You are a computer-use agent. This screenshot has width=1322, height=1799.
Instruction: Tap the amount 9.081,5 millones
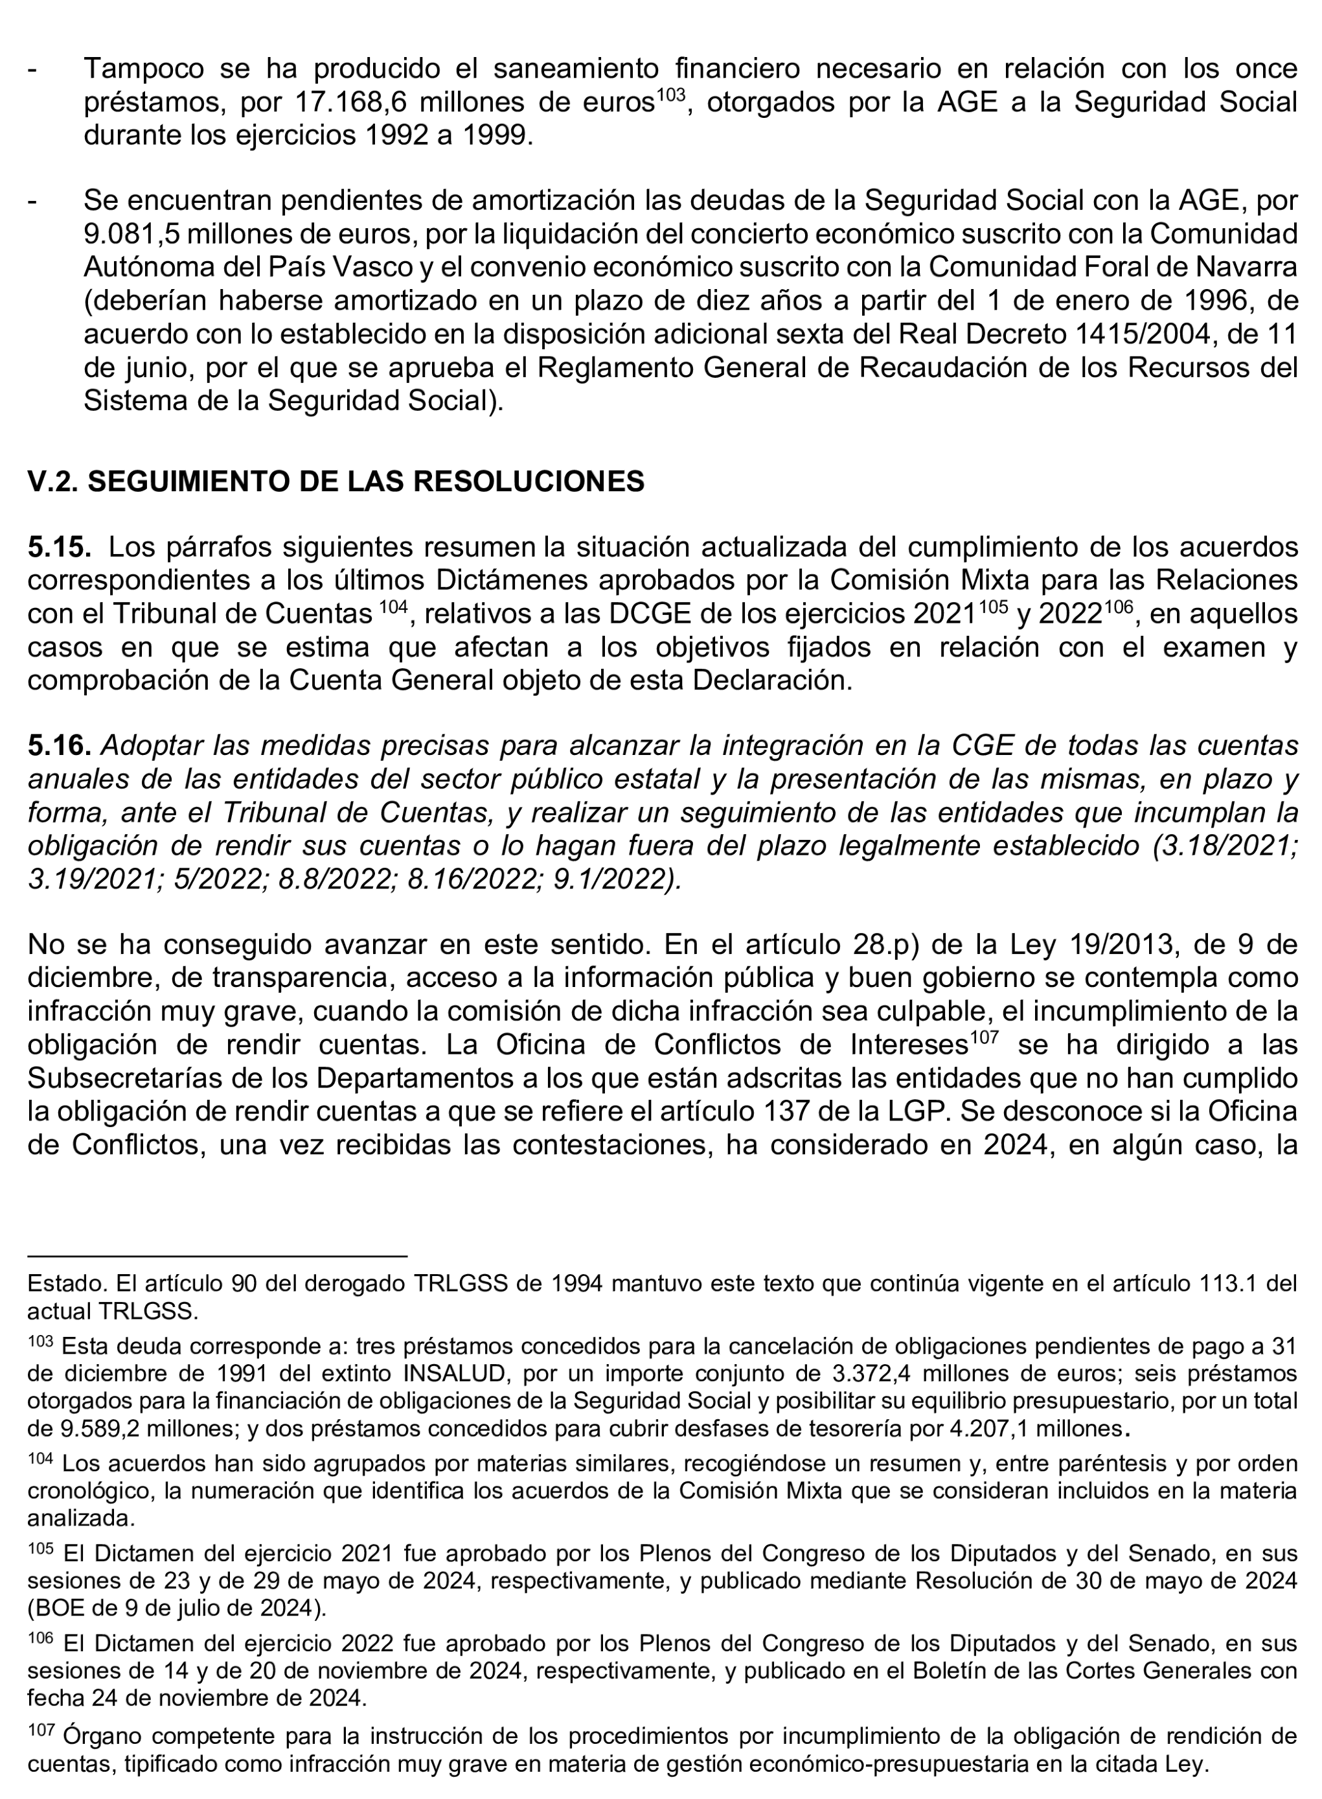[180, 234]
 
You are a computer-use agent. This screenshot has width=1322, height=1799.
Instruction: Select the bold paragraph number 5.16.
[60, 745]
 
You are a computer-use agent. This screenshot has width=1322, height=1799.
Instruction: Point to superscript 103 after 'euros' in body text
[670, 95]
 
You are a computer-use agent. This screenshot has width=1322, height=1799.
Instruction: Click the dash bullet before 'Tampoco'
[33, 69]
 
